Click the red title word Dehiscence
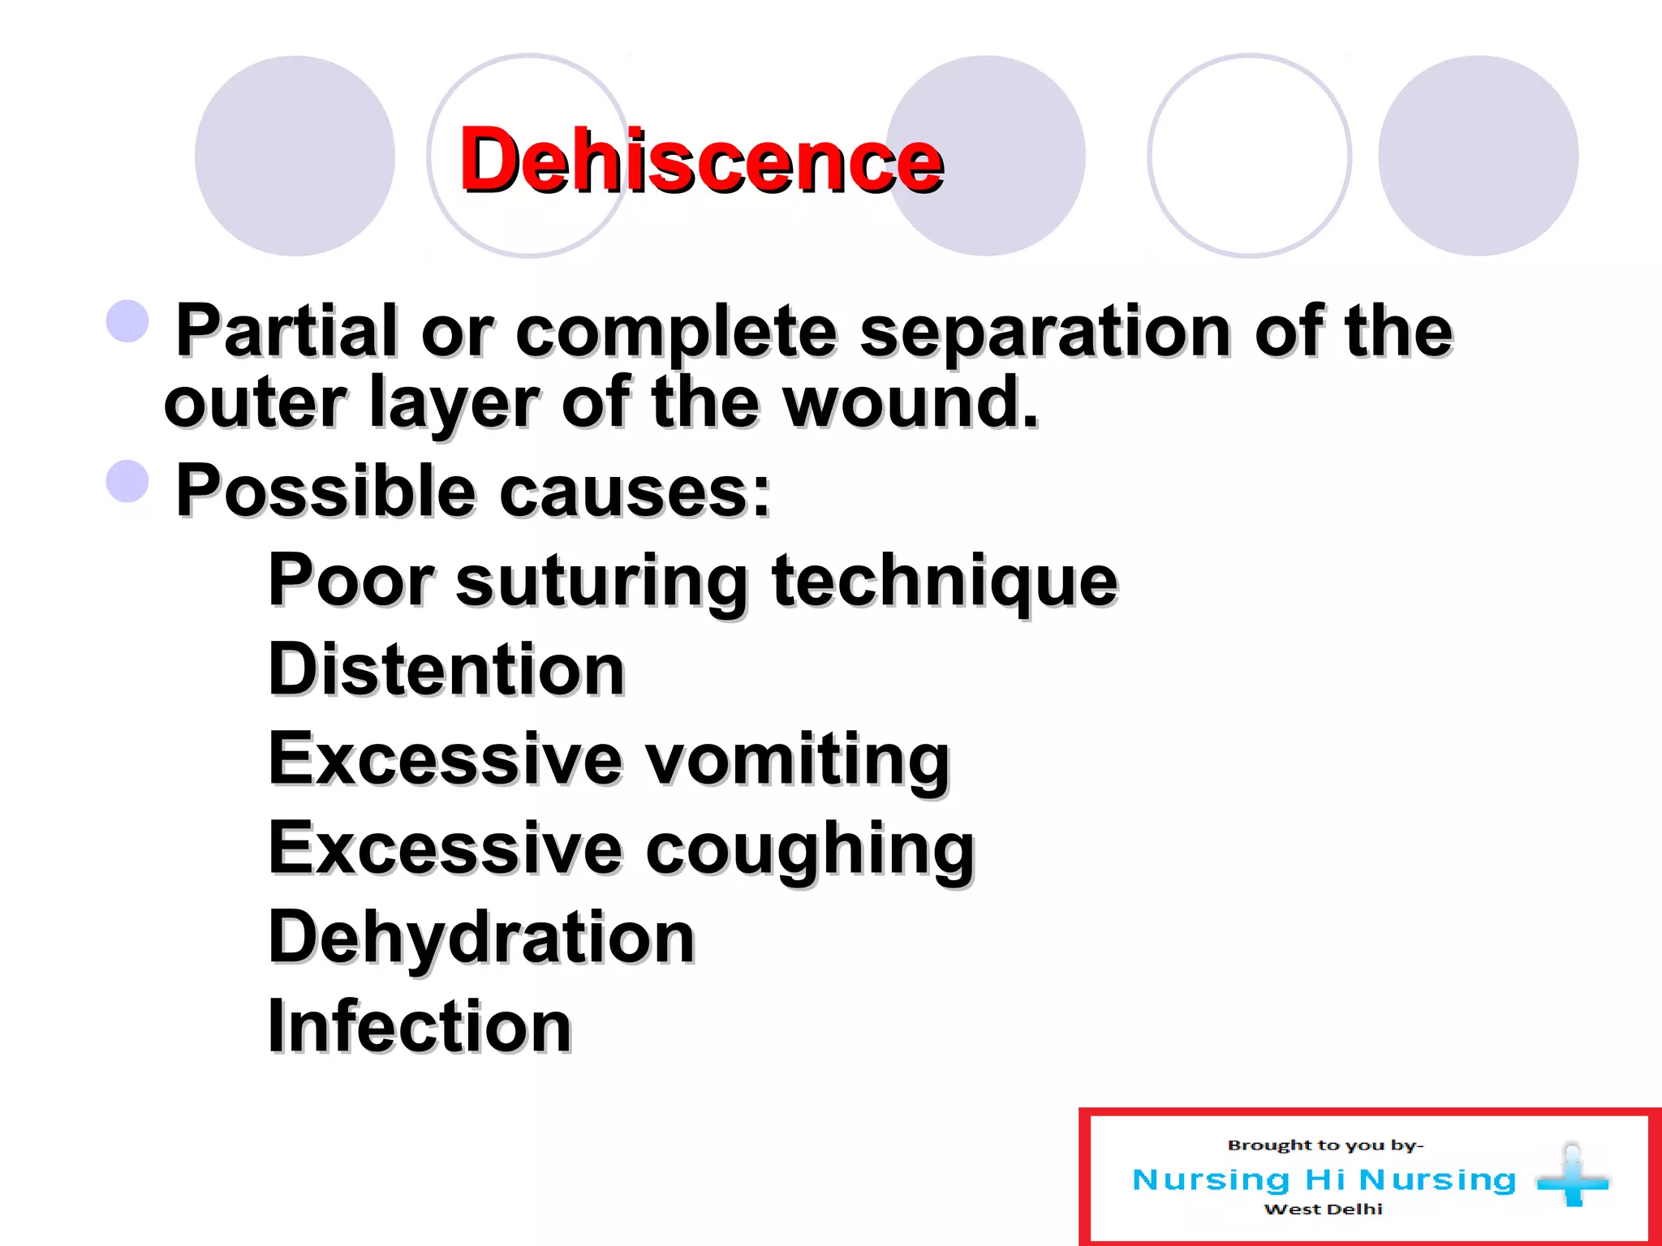(x=701, y=160)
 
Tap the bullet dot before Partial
(x=128, y=321)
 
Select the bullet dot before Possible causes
(x=128, y=481)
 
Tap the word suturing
(x=601, y=581)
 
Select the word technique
(x=945, y=581)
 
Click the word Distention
(x=446, y=669)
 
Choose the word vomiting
(x=797, y=759)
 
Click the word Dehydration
(x=481, y=937)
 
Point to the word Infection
(x=420, y=1026)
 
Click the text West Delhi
(x=1323, y=1209)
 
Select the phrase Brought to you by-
(x=1325, y=1145)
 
